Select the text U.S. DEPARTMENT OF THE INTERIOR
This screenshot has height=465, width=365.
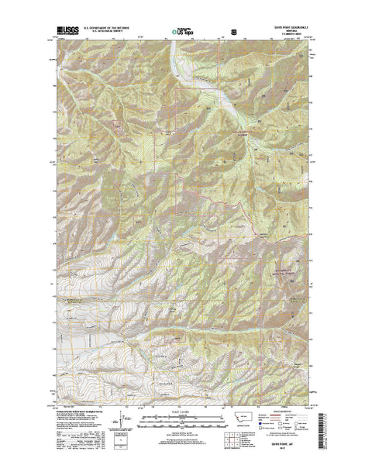(x=108, y=29)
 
